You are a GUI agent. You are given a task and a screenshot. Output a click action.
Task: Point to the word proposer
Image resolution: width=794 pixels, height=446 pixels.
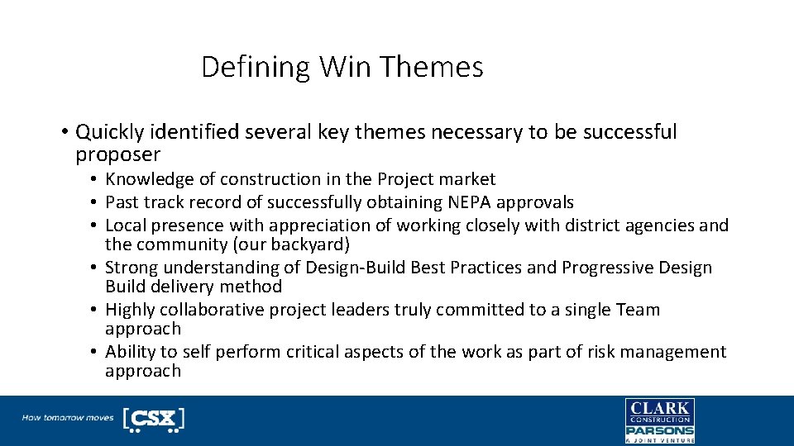click(x=117, y=155)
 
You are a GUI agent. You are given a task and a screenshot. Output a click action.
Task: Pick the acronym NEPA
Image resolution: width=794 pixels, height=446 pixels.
click(x=468, y=202)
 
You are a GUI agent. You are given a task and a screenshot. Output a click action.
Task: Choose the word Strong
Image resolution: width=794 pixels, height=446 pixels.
click(x=132, y=268)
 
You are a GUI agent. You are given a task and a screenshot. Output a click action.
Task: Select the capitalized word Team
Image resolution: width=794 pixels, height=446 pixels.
click(x=638, y=310)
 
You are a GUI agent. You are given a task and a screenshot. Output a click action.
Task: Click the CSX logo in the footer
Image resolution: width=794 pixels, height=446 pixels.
click(x=153, y=419)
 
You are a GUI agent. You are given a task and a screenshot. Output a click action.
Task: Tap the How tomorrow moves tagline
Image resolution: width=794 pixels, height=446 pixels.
click(x=68, y=418)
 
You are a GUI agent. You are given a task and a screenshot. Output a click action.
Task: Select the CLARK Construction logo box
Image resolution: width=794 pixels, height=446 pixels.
click(x=659, y=410)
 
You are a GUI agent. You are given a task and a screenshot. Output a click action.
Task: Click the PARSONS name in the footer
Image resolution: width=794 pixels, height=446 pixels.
click(x=659, y=430)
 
